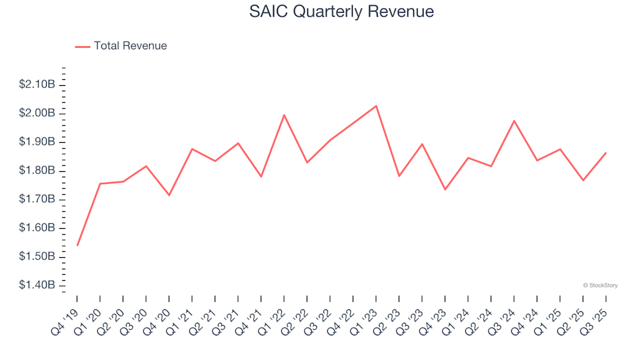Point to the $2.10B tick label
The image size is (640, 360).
pos(37,85)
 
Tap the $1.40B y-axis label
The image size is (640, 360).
pos(37,285)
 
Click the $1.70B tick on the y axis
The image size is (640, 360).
pos(37,199)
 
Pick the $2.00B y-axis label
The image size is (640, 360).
pos(37,113)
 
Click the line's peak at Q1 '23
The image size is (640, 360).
pos(376,106)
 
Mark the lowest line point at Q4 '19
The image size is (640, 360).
pos(77,245)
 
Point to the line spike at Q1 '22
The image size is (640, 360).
pos(284,115)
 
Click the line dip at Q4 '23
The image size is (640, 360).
pos(445,189)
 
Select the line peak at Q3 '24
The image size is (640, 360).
pos(514,121)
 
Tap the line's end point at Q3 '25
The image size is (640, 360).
pos(605,153)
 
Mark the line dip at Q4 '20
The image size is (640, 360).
pos(169,195)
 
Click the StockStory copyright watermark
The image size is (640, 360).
pos(600,285)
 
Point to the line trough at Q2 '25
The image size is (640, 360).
pos(583,180)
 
